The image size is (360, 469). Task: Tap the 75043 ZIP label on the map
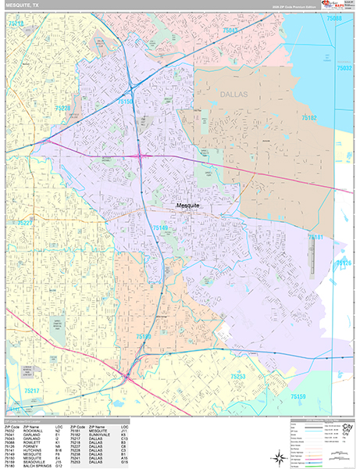click(231, 30)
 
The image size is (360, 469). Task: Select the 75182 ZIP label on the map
click(308, 117)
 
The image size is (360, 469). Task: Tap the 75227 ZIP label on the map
click(27, 223)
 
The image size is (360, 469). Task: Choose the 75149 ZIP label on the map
click(161, 227)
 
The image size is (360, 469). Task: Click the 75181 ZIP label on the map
click(315, 236)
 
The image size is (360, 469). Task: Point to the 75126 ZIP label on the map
click(344, 263)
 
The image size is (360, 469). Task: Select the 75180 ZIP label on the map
click(144, 336)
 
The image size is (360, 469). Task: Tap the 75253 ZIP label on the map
click(238, 377)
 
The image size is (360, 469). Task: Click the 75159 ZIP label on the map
click(298, 396)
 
